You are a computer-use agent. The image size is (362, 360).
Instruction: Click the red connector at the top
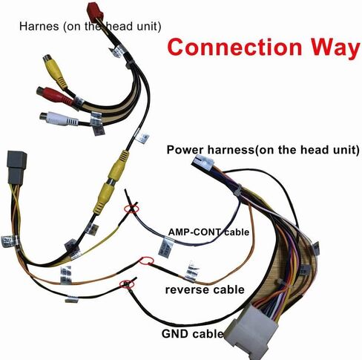point(96,12)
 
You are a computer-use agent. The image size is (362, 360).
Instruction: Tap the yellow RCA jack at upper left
point(54,71)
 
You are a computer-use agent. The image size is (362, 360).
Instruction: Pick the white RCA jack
point(59,119)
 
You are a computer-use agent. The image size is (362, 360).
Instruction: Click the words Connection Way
point(264,47)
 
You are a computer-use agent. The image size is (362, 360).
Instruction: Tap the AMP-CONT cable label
point(208,232)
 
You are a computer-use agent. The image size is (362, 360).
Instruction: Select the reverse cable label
point(205,289)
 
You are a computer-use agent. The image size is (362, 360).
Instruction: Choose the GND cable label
point(192,333)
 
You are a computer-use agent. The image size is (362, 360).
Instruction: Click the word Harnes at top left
point(39,26)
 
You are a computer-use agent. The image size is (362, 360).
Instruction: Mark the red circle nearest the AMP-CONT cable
point(131,209)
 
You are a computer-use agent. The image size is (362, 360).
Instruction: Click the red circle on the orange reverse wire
point(147,261)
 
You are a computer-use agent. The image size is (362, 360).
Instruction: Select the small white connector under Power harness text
point(203,163)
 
